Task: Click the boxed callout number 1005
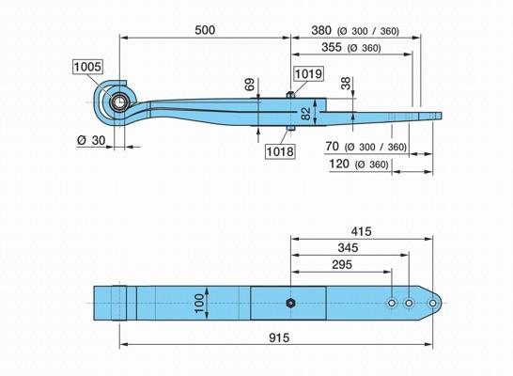pyautogui.click(x=87, y=67)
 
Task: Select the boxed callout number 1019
pyautogui.click(x=308, y=73)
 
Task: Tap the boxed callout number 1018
pyautogui.click(x=280, y=151)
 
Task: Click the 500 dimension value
pyautogui.click(x=205, y=30)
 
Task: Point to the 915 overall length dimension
pyautogui.click(x=279, y=337)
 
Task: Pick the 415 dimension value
pyautogui.click(x=361, y=231)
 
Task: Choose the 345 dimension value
pyautogui.click(x=348, y=248)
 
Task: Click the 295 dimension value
pyautogui.click(x=342, y=264)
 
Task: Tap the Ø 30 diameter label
pyautogui.click(x=91, y=140)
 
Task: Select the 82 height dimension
pyautogui.click(x=305, y=114)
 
